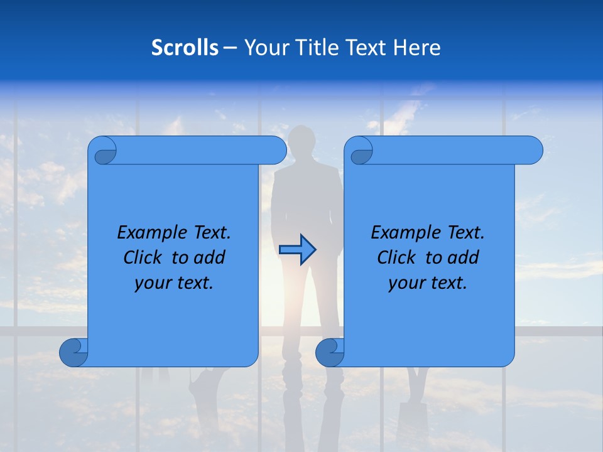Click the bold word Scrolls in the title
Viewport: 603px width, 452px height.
pyautogui.click(x=185, y=48)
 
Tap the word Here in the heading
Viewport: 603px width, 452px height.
pyautogui.click(x=417, y=48)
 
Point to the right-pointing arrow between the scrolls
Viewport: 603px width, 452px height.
pyautogui.click(x=297, y=250)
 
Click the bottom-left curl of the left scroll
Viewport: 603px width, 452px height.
pyautogui.click(x=73, y=353)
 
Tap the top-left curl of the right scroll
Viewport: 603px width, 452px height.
pyautogui.click(x=360, y=151)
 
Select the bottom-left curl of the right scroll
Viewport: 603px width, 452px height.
pyautogui.click(x=330, y=353)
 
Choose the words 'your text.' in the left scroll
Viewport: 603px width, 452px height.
pyautogui.click(x=174, y=282)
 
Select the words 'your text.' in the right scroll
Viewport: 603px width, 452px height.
pyautogui.click(x=428, y=282)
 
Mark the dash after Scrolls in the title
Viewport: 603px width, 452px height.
pyautogui.click(x=230, y=48)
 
